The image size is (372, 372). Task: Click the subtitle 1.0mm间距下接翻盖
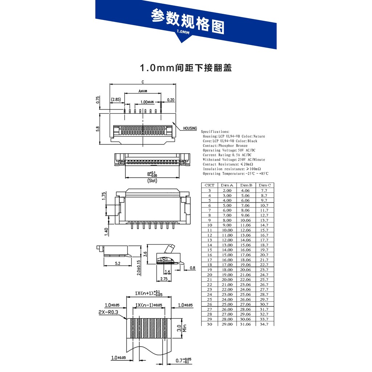point(186,68)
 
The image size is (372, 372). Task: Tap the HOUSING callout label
point(190,128)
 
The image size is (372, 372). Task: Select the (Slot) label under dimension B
point(152,181)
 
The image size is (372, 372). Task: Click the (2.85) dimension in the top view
point(116,100)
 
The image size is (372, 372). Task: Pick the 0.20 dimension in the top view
point(170,100)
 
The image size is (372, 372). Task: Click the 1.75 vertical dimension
point(104,196)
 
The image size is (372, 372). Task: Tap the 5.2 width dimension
point(118,263)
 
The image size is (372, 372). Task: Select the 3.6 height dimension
point(145,254)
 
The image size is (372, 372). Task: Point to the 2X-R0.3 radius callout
point(108,312)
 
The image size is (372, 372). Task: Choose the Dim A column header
point(227,185)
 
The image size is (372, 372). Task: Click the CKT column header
point(210,185)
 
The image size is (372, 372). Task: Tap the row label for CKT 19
point(210,270)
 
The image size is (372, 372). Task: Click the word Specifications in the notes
point(215,132)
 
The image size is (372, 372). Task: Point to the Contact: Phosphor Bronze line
point(225,146)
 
